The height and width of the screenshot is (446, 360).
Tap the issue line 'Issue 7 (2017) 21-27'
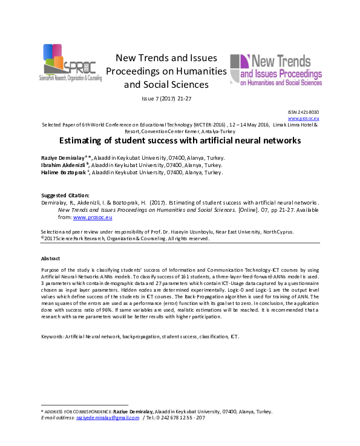click(x=166, y=98)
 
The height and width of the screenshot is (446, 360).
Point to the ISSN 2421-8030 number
click(x=307, y=113)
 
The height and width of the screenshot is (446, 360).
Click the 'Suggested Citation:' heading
click(x=65, y=195)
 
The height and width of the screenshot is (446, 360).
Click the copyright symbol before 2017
click(x=42, y=238)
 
